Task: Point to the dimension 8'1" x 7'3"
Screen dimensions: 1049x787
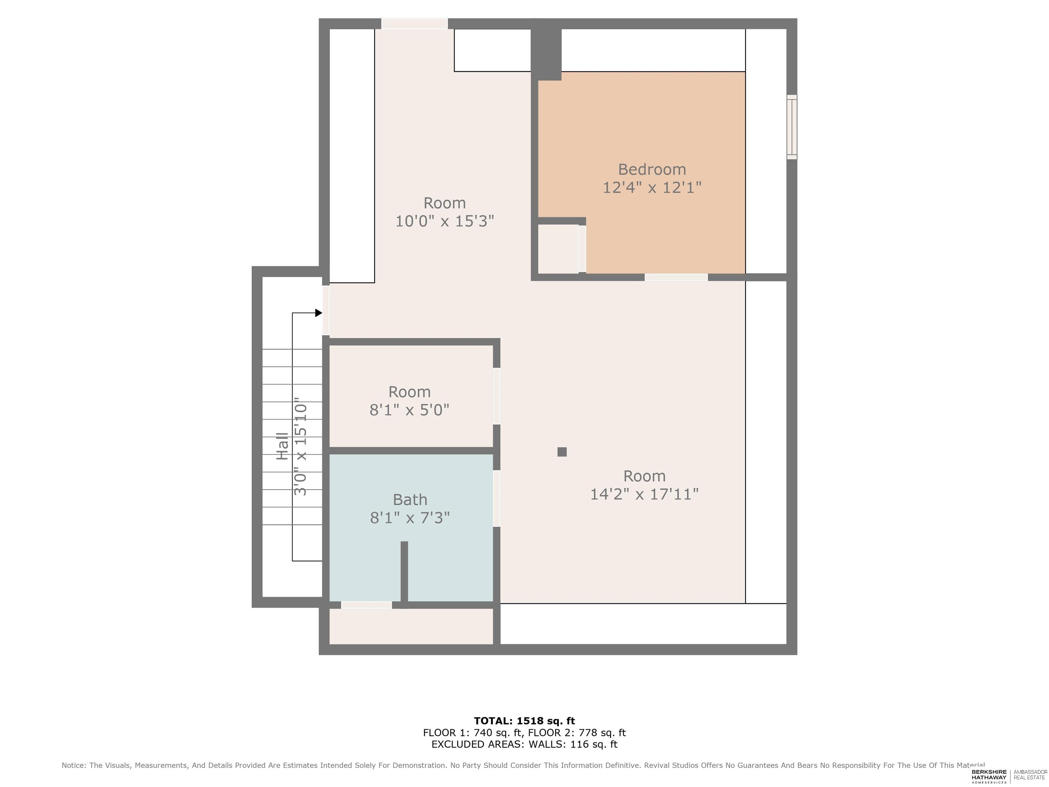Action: click(410, 517)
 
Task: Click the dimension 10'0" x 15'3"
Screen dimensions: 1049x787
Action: click(445, 221)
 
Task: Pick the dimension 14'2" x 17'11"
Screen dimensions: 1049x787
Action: click(644, 494)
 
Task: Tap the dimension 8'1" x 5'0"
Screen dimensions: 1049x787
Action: click(410, 410)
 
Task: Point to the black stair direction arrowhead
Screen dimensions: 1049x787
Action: click(319, 313)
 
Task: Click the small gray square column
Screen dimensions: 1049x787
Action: click(562, 452)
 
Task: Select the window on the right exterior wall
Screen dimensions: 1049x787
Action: click(792, 127)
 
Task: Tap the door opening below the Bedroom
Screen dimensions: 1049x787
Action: click(676, 277)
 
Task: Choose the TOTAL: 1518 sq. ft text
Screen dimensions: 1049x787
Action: click(524, 721)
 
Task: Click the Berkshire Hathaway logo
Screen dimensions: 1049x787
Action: click(989, 776)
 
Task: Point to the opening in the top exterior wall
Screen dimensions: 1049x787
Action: click(415, 24)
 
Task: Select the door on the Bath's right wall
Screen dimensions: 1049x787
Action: click(496, 498)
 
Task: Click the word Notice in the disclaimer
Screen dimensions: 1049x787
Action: click(74, 765)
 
